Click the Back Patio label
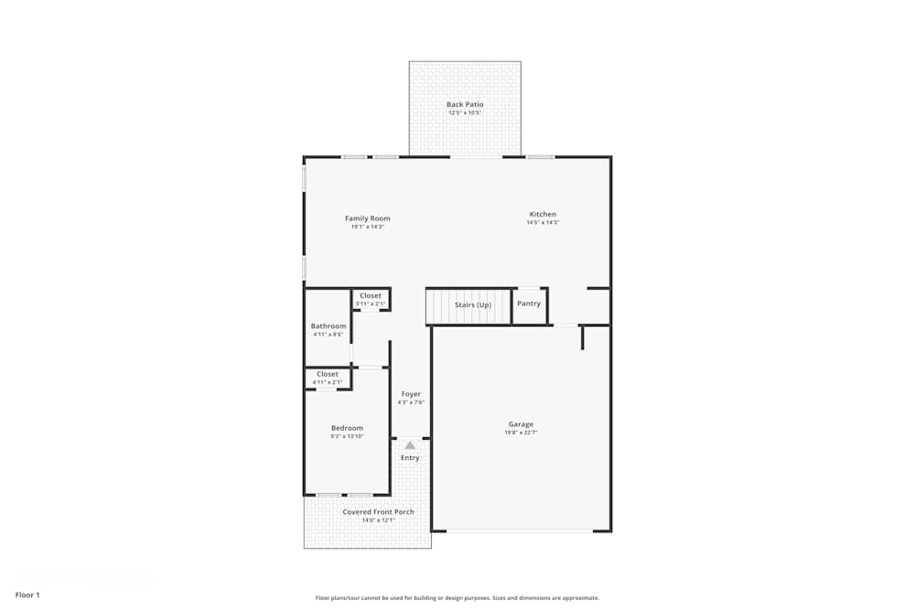(x=465, y=104)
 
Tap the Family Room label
(x=367, y=219)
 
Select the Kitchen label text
(x=543, y=214)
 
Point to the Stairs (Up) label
(x=472, y=305)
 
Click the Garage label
(x=521, y=424)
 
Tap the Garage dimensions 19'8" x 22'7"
(x=521, y=433)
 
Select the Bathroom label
(x=328, y=326)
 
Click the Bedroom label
(x=347, y=428)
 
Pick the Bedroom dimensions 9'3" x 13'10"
(x=347, y=436)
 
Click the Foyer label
(x=411, y=394)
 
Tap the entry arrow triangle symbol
(x=410, y=445)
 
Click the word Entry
(x=410, y=457)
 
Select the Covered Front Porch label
(x=378, y=512)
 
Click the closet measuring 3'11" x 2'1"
(x=371, y=299)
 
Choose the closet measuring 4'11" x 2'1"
(x=327, y=378)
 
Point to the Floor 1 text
(x=27, y=594)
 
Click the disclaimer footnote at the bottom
(x=457, y=598)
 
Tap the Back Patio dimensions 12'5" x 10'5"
(x=465, y=112)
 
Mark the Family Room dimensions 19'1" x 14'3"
(x=367, y=227)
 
